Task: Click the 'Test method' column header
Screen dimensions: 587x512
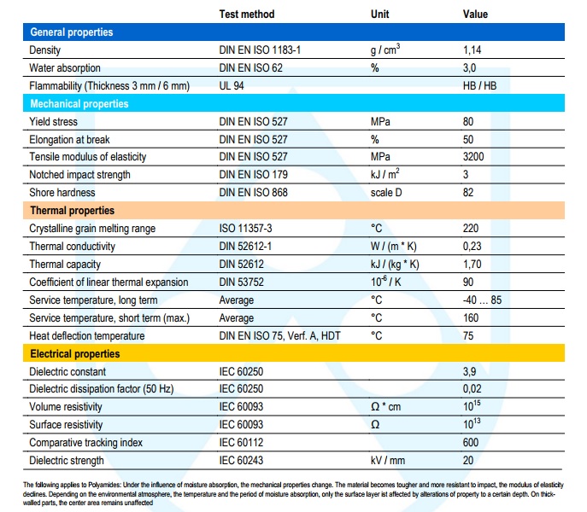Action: (247, 15)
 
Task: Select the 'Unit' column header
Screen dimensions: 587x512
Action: (379, 15)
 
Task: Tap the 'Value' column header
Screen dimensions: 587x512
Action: (475, 15)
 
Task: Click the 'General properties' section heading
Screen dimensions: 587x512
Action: (72, 32)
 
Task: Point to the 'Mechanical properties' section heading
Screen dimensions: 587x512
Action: (79, 103)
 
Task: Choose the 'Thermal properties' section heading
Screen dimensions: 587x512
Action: (73, 211)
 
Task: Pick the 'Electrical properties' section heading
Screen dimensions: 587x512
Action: (75, 354)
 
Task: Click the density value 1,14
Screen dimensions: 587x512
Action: (472, 50)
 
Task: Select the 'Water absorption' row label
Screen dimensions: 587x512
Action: (65, 68)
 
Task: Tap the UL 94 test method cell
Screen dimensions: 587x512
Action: (232, 86)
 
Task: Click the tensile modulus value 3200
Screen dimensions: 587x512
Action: (473, 157)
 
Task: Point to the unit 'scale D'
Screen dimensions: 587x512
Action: (386, 193)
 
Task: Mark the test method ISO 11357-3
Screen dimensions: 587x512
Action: (245, 229)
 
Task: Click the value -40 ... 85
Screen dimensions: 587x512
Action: (482, 300)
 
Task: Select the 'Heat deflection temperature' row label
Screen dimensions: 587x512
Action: (87, 336)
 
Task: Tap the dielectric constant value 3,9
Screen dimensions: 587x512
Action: (469, 372)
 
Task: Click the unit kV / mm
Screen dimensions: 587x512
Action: (388, 461)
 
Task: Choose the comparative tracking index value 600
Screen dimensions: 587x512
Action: (471, 442)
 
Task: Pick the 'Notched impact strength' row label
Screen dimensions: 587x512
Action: (79, 175)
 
